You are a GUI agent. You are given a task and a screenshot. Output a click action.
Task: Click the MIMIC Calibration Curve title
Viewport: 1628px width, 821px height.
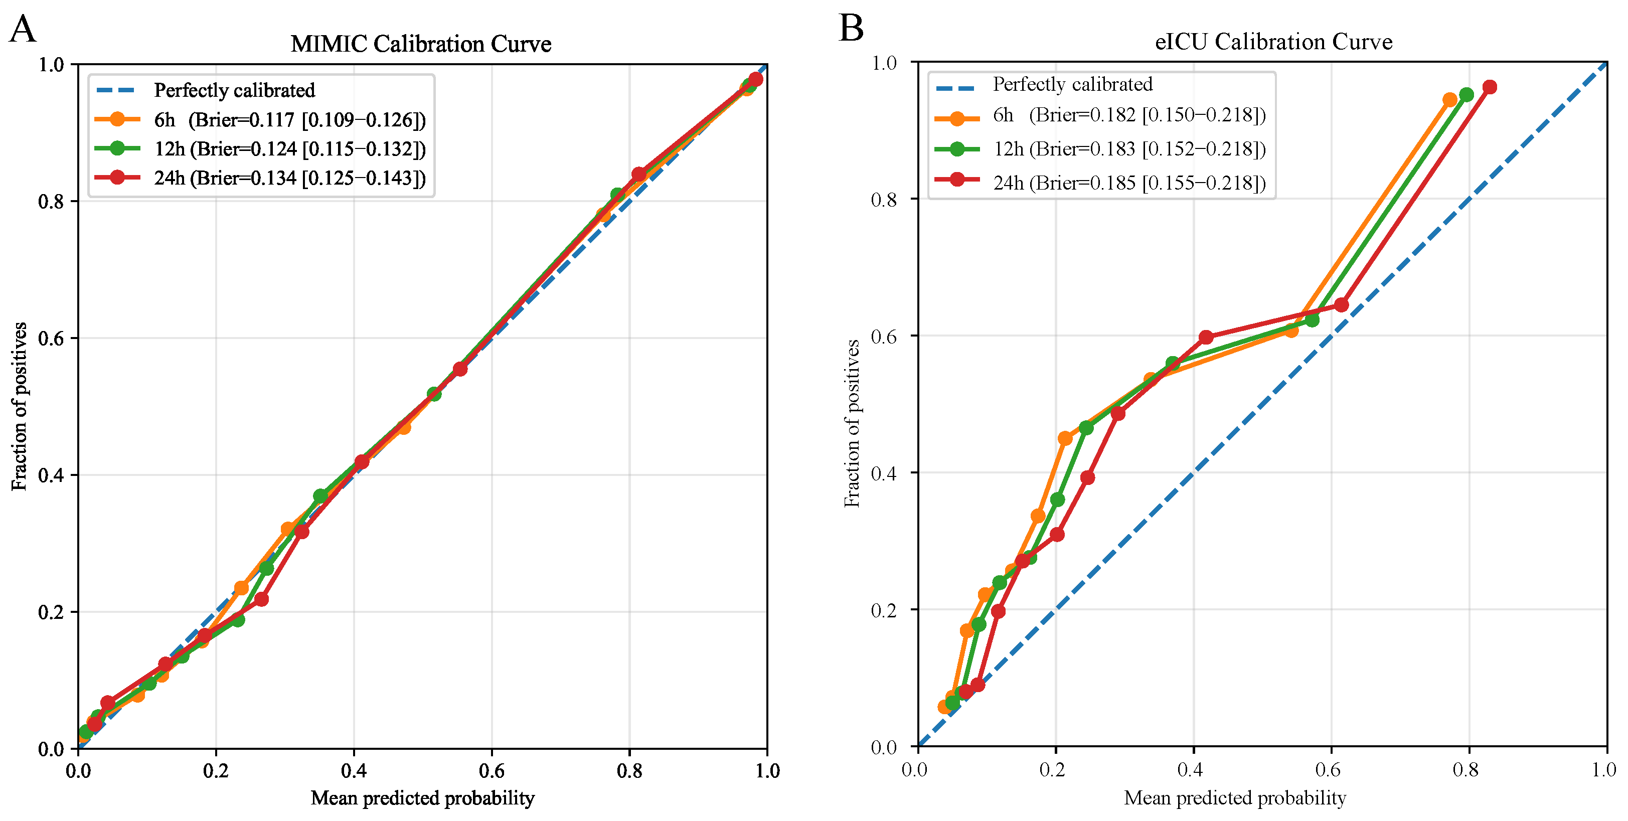coord(421,44)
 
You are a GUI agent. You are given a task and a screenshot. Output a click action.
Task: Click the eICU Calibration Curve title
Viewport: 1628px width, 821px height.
coord(1273,41)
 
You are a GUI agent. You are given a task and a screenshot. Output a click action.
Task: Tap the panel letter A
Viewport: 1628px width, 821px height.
coord(23,29)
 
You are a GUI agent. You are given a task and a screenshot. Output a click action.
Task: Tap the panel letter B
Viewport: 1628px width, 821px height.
coord(851,28)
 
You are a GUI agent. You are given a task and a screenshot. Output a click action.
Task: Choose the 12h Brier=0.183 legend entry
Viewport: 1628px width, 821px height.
coord(1100,148)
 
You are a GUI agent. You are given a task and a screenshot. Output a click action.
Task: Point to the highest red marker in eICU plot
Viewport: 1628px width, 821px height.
coord(1490,87)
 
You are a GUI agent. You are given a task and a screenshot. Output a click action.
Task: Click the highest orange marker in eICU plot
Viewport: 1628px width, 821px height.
coord(1450,100)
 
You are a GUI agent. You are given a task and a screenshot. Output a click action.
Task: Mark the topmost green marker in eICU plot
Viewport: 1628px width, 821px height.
coord(1467,95)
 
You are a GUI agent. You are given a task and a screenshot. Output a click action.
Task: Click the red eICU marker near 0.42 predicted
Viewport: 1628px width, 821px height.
coord(1206,338)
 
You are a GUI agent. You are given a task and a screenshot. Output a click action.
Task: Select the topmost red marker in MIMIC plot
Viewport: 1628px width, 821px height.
coord(755,80)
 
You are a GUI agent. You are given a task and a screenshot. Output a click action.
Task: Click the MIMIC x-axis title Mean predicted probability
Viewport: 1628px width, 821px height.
coord(423,798)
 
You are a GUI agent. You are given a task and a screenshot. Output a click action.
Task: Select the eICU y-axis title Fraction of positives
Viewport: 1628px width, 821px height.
coord(852,423)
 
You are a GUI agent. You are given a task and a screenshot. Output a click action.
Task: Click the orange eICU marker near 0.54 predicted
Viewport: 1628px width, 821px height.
coord(1291,330)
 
